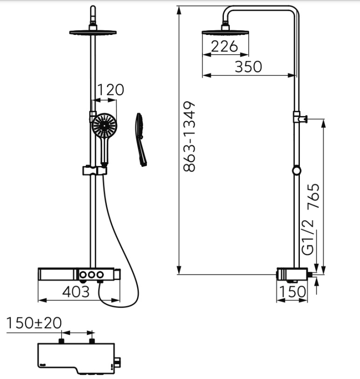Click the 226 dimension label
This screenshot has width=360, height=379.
coord(224,46)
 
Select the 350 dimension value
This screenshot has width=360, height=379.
coord(248,67)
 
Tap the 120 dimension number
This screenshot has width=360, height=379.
coord(111,90)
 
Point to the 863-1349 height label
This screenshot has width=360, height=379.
coord(189,137)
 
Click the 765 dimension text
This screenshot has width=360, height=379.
coord(313,196)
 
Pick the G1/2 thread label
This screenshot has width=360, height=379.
coord(308,237)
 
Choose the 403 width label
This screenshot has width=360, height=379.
coord(76,291)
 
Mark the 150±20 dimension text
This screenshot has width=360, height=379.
coord(34,323)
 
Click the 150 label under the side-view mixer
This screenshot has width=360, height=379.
coord(292,291)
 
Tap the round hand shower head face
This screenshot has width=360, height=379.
coord(104,125)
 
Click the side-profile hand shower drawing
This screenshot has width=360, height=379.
coord(141,139)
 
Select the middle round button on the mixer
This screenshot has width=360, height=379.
coord(91,275)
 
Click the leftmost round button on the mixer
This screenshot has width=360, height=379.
coord(83,275)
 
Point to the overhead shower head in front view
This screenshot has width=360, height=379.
coord(93,32)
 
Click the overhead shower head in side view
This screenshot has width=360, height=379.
coord(225,32)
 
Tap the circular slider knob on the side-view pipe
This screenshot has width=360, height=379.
coord(297,171)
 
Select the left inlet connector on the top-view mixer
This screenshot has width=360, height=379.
coord(62,341)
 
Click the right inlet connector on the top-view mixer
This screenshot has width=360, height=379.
coord(92,341)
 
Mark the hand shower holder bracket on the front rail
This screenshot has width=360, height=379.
coord(95,170)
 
